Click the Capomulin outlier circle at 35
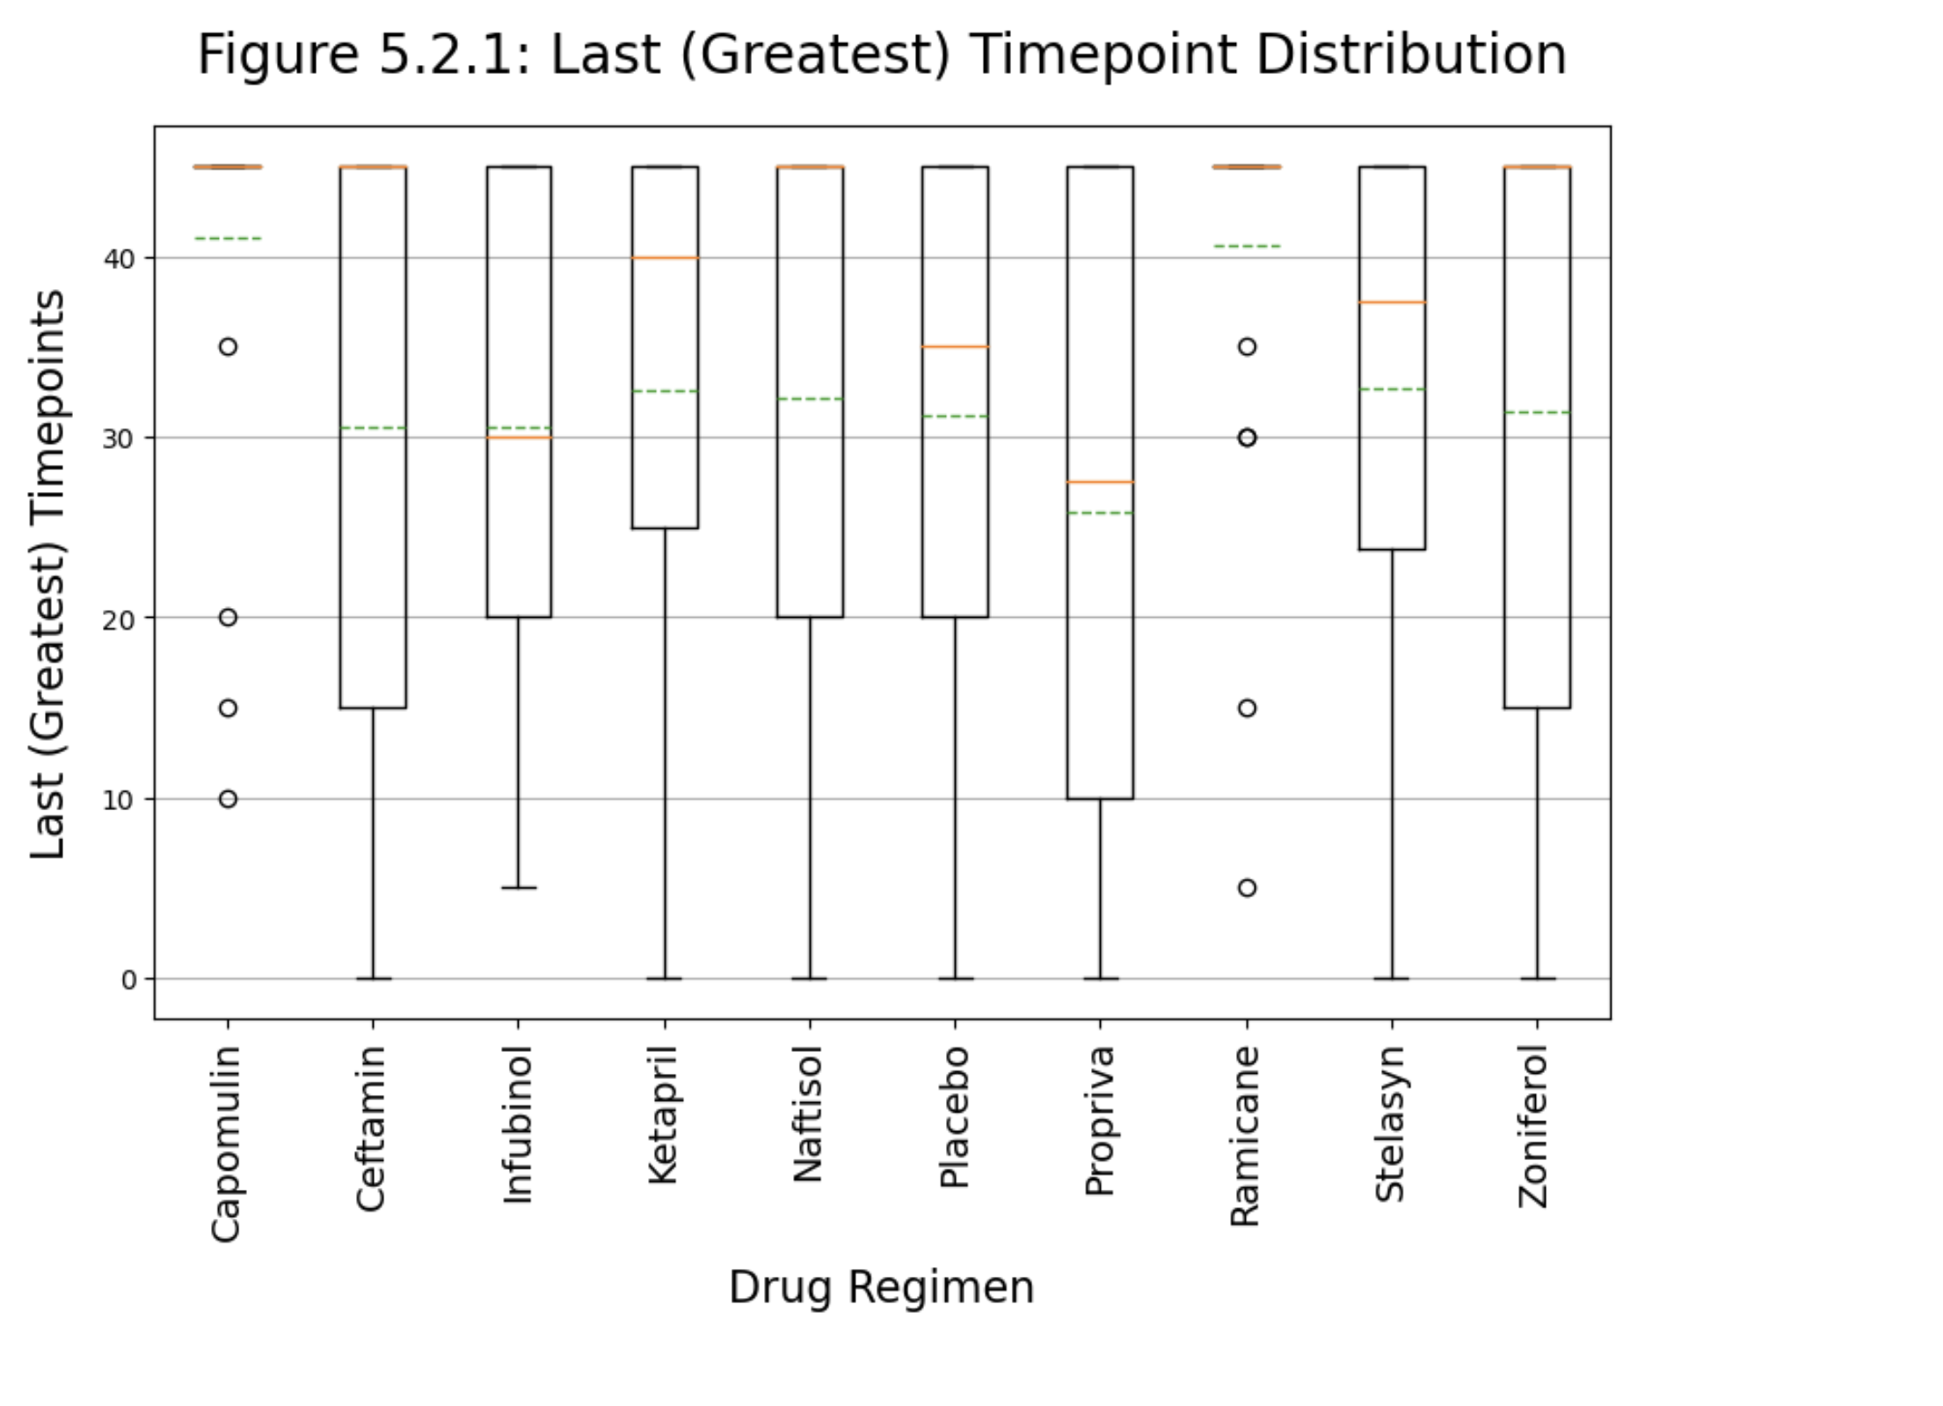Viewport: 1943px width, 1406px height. (228, 347)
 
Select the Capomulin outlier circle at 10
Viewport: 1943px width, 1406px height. (228, 799)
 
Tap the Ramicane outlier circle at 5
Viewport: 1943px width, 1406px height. (1247, 888)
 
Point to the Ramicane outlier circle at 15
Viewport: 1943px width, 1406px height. (1247, 708)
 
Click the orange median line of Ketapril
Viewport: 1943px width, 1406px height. (665, 257)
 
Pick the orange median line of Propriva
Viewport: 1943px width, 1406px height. (1100, 482)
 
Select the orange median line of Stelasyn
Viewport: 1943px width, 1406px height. (1392, 302)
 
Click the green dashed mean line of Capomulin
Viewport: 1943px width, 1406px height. (228, 238)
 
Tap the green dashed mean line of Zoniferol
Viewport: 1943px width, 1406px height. (1537, 412)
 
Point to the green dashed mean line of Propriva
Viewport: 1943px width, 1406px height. (1100, 512)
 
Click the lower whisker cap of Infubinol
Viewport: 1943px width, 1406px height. (519, 888)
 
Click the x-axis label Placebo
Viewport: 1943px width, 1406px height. (955, 1117)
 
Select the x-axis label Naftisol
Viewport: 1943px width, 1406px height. (809, 1114)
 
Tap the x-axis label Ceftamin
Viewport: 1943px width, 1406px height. (372, 1128)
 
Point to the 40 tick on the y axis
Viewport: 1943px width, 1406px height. (119, 259)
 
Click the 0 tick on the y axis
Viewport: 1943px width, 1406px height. (129, 980)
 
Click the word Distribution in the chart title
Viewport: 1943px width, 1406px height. (1411, 54)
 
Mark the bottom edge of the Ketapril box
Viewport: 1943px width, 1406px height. (665, 528)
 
